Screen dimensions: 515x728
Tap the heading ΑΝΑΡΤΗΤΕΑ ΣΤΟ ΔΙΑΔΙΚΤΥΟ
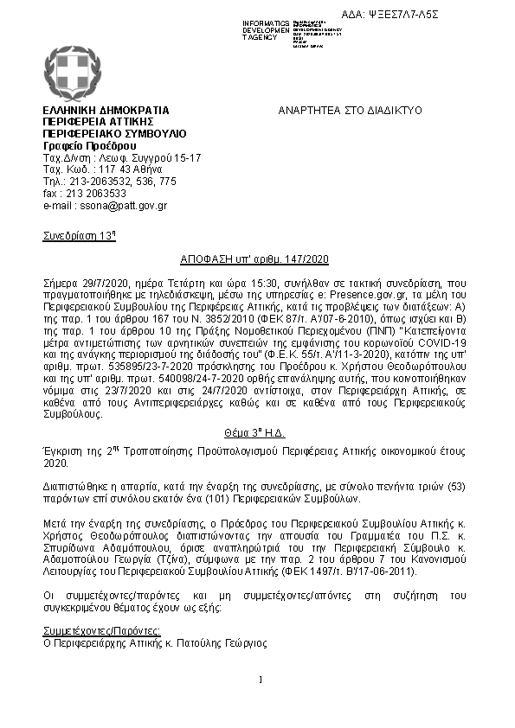[x=349, y=111]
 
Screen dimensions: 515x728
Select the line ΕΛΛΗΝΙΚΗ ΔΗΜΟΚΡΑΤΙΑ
[x=106, y=111]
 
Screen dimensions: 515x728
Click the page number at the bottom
[x=260, y=679]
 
